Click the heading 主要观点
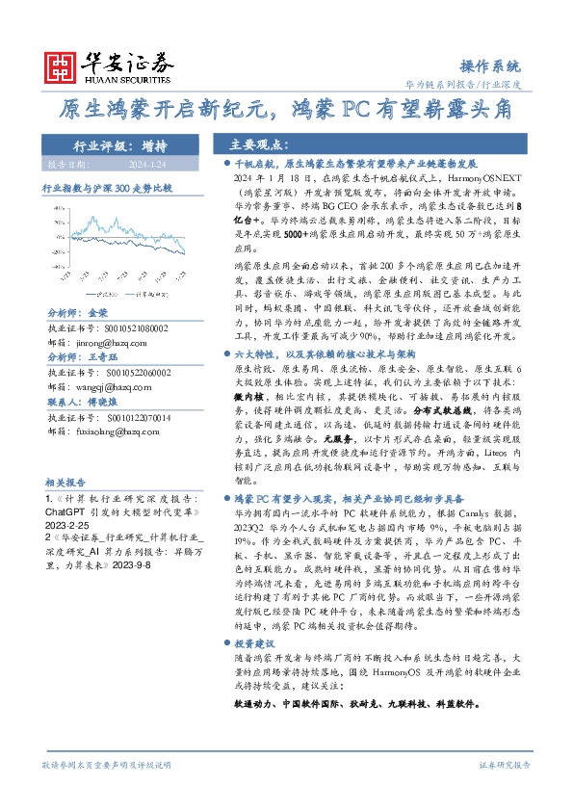click(x=257, y=144)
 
